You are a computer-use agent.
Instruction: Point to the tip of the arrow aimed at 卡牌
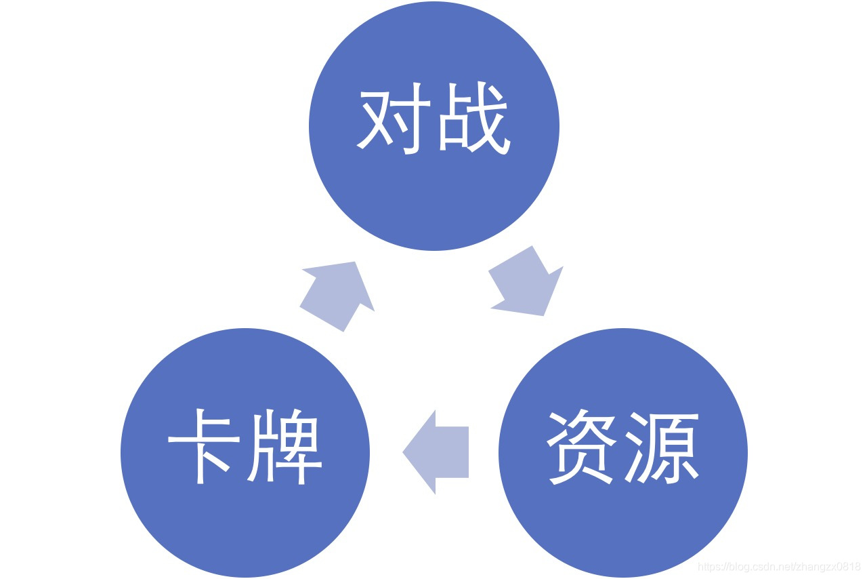404,452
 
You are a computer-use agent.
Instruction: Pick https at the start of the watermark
711,566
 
